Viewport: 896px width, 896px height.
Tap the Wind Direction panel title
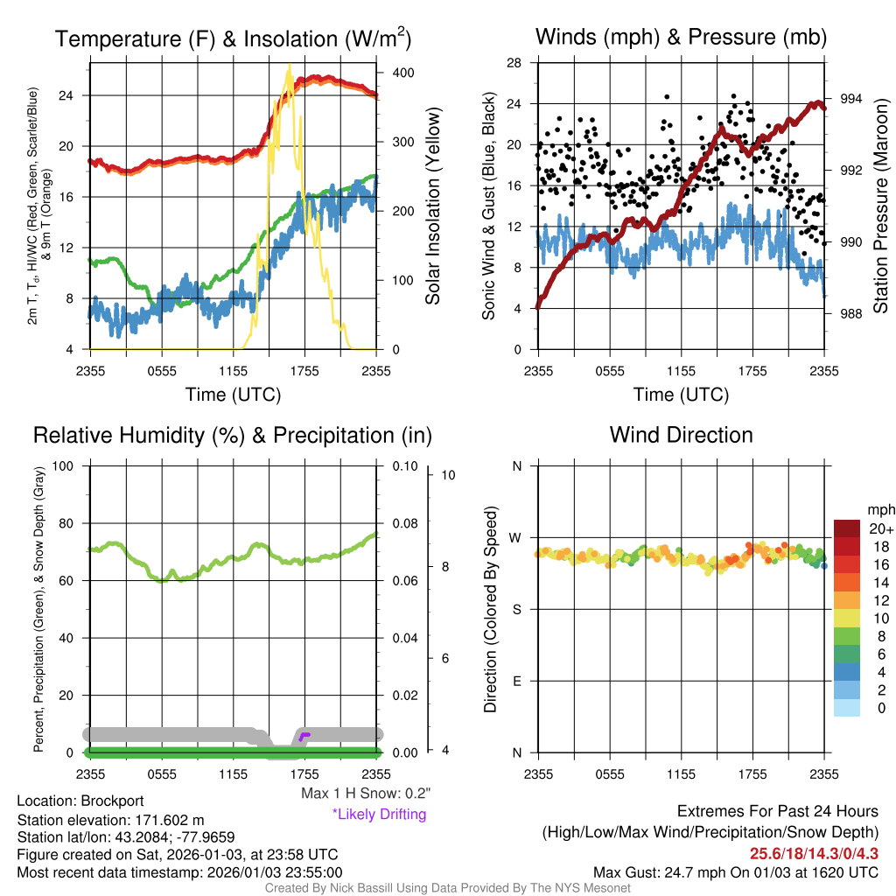(681, 435)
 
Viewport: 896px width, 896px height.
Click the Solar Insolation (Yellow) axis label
(432, 206)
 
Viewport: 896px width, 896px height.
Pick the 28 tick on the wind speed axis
(514, 63)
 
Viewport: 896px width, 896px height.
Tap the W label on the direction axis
(516, 537)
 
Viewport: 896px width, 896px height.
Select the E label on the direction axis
(516, 681)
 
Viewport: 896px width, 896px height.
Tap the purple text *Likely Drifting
(379, 815)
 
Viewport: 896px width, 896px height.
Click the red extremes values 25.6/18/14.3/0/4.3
(814, 852)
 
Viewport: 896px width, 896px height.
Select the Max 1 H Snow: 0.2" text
(365, 794)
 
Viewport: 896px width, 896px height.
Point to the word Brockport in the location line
(112, 801)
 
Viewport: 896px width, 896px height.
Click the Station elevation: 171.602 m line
(110, 820)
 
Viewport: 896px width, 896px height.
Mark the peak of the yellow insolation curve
(289, 66)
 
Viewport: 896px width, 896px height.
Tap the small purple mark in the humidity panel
(304, 736)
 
